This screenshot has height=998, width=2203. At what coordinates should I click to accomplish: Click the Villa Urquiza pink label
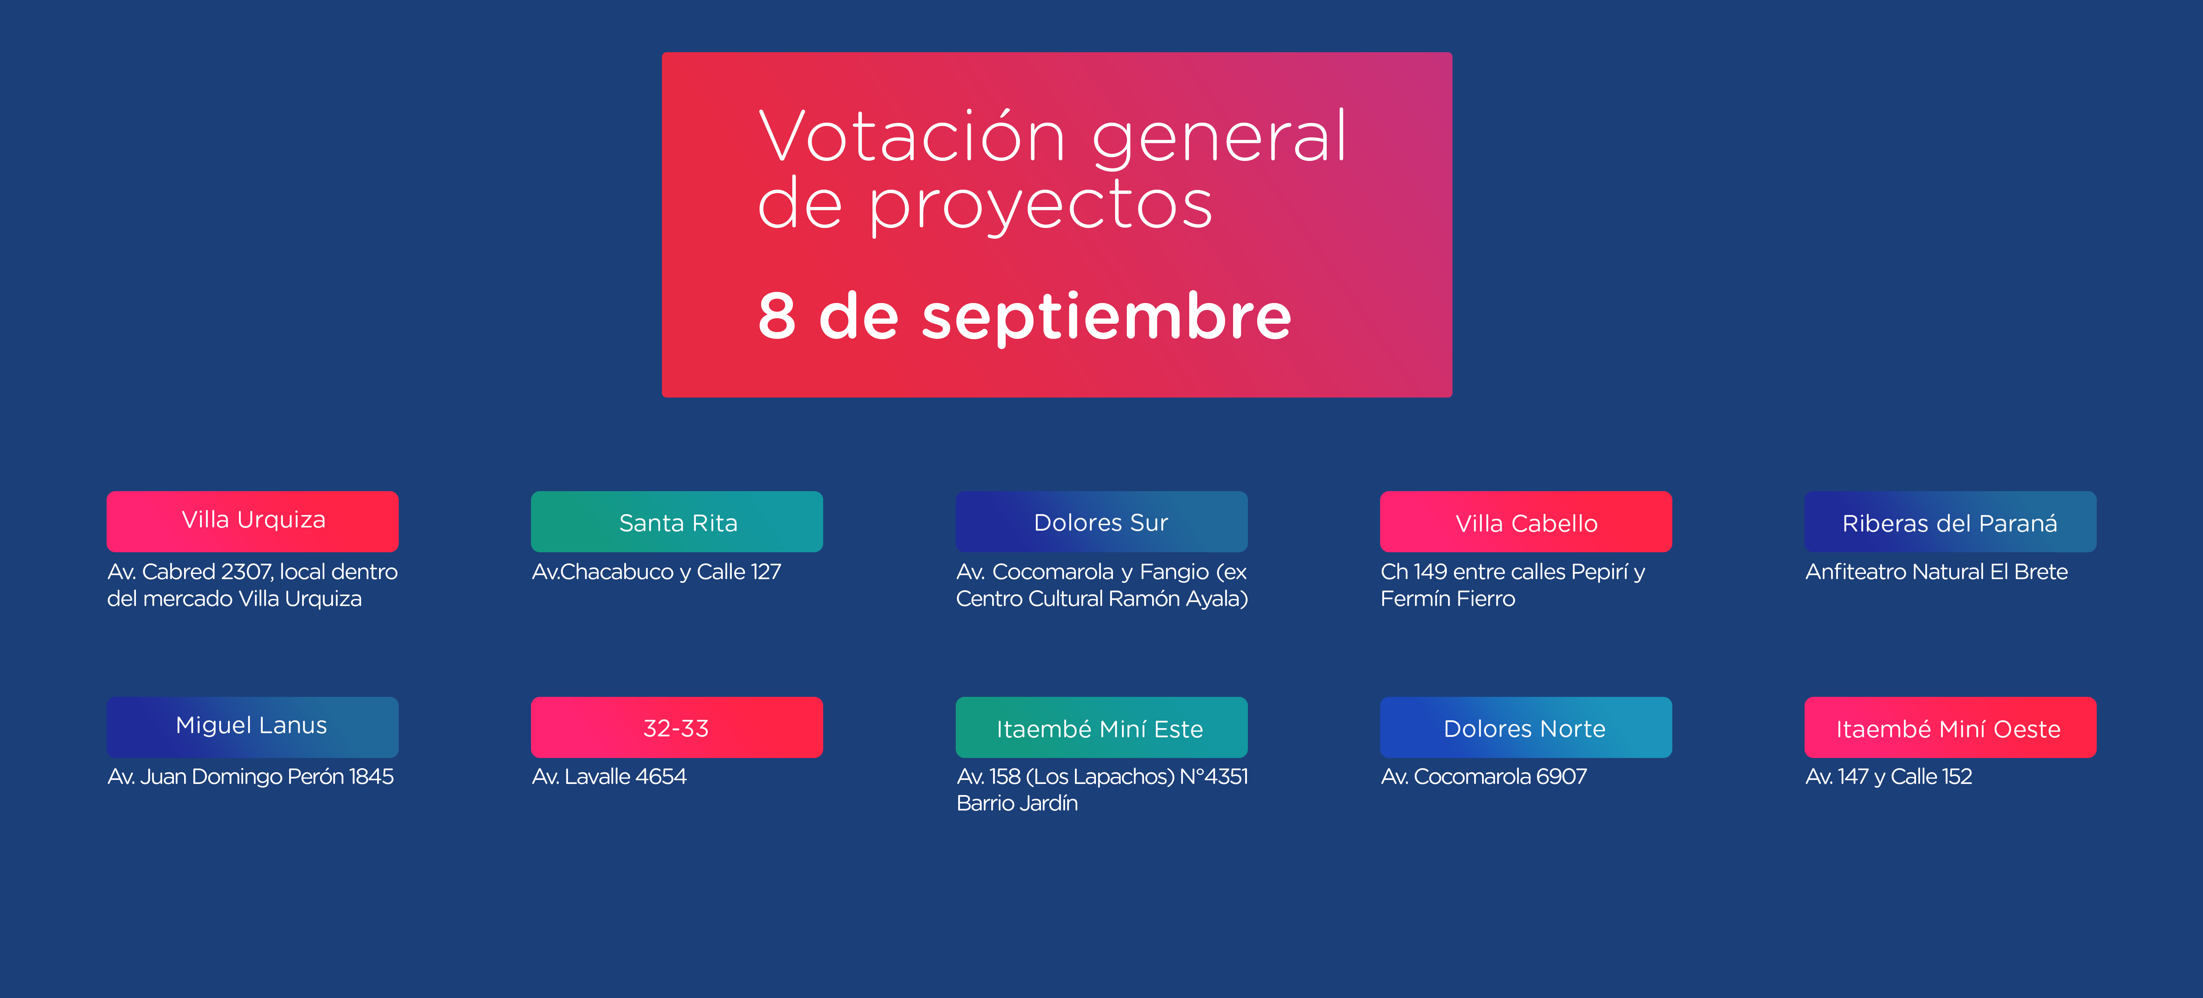pos(252,521)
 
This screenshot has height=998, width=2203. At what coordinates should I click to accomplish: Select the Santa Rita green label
pos(676,521)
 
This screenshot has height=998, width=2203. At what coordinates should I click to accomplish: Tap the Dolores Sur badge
pos(1101,521)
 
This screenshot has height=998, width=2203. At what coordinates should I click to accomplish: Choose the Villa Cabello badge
pos(1526,521)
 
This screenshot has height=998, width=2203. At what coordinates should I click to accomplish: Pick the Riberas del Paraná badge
pos(1950,521)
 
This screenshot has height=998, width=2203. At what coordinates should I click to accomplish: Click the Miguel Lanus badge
pos(252,727)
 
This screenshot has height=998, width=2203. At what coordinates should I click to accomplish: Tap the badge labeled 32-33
pos(676,727)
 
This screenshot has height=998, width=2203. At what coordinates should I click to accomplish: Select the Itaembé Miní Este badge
pos(1101,727)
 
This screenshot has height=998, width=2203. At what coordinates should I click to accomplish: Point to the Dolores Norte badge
pos(1526,727)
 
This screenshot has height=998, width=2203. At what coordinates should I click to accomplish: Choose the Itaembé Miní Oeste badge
pos(1950,727)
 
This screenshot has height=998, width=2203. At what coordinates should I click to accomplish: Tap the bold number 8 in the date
pos(777,316)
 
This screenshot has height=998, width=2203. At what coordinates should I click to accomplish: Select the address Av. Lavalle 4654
pos(609,777)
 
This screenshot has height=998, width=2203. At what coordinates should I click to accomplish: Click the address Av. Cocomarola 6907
pos(1484,777)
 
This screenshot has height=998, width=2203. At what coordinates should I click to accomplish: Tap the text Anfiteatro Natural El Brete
pos(1936,571)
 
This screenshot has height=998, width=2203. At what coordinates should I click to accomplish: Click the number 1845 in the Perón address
pos(371,777)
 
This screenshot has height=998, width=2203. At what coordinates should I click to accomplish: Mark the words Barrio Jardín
pos(1017,803)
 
